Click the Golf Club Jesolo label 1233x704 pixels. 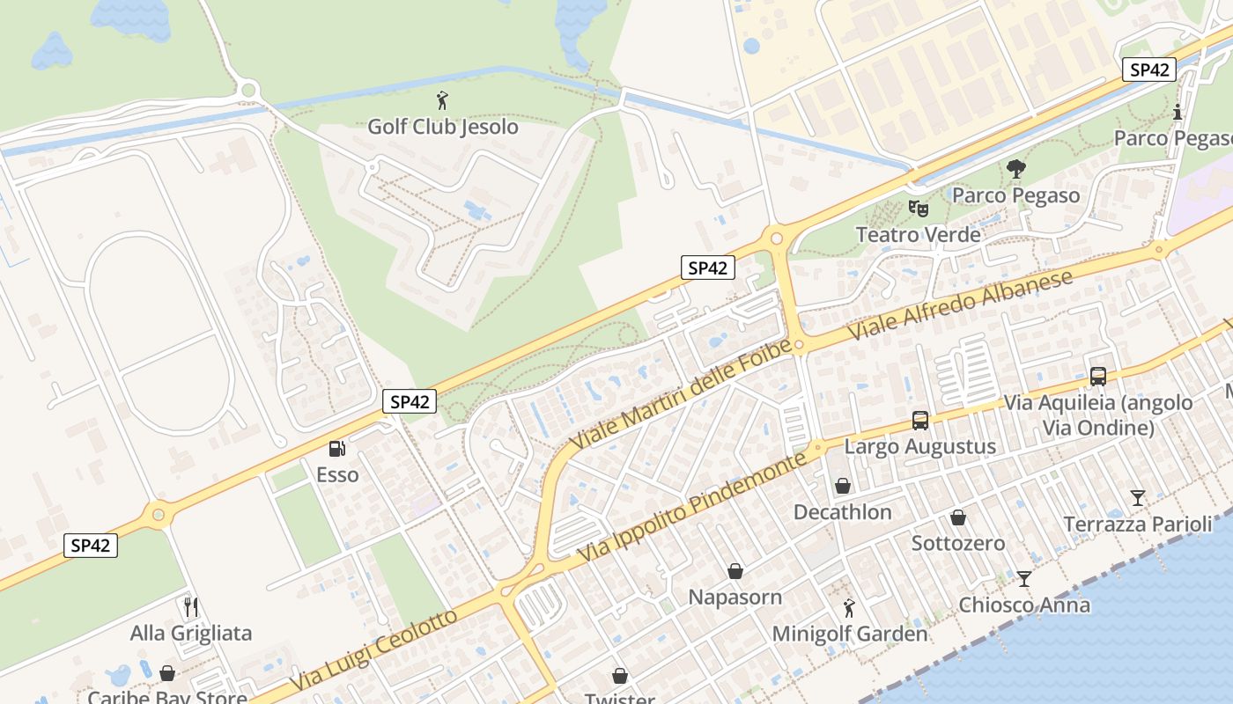click(x=442, y=126)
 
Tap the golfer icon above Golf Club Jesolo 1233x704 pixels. click(x=442, y=99)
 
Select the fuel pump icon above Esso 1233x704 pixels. click(x=336, y=449)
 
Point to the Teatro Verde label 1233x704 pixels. click(x=919, y=235)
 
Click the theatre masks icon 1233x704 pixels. click(x=919, y=209)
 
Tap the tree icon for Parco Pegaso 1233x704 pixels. click(x=1015, y=168)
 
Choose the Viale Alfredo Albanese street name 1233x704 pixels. click(x=963, y=305)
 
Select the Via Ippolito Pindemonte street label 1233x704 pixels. click(x=693, y=508)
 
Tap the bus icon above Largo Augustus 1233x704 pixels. click(x=920, y=420)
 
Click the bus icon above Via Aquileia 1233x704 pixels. click(x=1098, y=376)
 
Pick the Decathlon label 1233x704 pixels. click(x=843, y=512)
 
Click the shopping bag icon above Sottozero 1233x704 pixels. click(x=958, y=517)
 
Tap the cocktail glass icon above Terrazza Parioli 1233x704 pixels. click(x=1138, y=498)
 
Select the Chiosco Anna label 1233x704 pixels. click(x=1024, y=605)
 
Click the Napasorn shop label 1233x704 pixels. click(x=735, y=597)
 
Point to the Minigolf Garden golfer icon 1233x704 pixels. click(x=849, y=607)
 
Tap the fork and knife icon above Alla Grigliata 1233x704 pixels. click(x=191, y=606)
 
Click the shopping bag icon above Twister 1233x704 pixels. click(x=621, y=676)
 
